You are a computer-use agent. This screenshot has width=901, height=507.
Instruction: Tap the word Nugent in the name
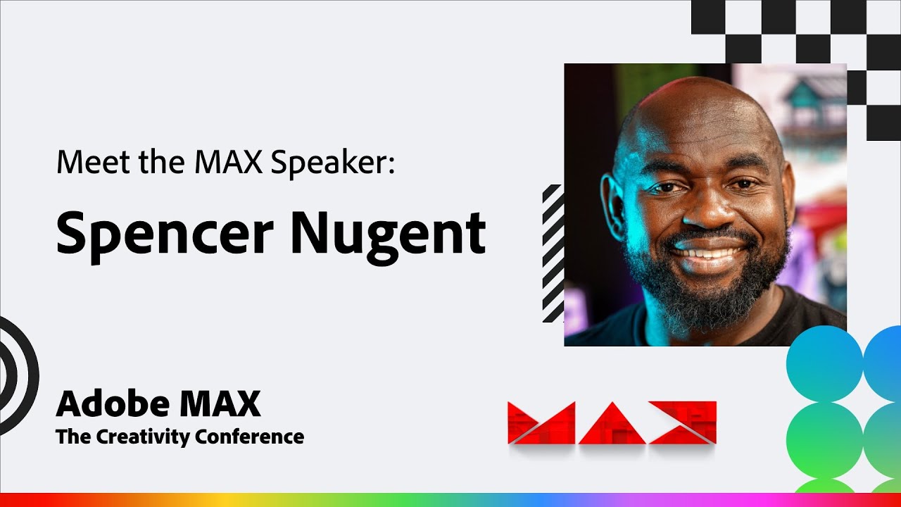[388, 234]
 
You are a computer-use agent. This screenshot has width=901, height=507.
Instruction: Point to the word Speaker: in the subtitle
[334, 163]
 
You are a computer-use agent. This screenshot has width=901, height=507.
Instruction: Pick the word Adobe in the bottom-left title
[113, 404]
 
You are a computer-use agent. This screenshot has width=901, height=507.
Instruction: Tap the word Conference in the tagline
[250, 437]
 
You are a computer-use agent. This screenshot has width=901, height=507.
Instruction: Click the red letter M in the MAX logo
[541, 423]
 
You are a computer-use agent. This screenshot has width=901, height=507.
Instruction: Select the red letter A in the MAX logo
[612, 424]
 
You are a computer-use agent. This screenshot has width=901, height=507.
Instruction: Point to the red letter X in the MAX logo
[683, 423]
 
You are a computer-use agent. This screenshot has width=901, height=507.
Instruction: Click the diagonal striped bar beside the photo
[553, 254]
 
